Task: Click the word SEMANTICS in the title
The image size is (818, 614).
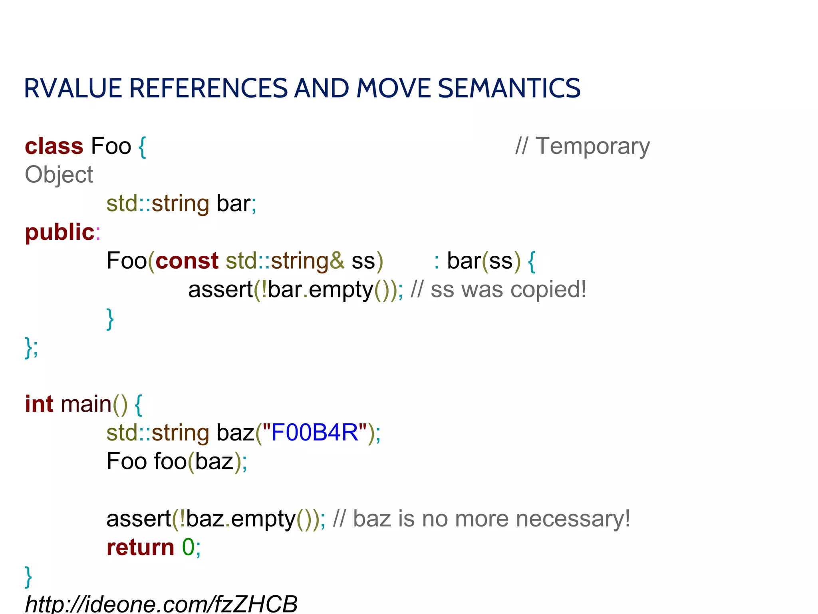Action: point(509,88)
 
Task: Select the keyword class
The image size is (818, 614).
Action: point(54,146)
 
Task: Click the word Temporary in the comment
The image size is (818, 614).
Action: point(592,146)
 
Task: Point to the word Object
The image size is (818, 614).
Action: point(59,175)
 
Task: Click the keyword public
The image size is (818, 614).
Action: point(60,232)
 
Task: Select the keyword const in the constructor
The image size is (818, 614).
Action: point(187,261)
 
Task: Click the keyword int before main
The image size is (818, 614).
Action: point(39,404)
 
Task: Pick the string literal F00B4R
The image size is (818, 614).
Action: point(315,433)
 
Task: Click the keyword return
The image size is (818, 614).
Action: point(140,547)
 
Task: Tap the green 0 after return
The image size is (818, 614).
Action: point(188,547)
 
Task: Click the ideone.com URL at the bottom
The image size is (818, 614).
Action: point(161,604)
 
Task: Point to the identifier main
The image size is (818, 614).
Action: point(86,404)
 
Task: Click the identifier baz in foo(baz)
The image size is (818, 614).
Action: point(214,461)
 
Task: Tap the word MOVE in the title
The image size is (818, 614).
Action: point(393,88)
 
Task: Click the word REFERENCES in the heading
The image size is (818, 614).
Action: point(208,88)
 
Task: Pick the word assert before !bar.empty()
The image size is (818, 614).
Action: point(220,289)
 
